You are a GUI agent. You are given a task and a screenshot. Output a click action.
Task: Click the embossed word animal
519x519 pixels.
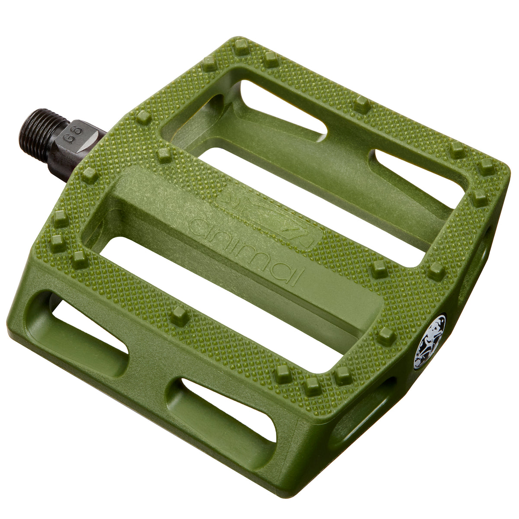[247, 251]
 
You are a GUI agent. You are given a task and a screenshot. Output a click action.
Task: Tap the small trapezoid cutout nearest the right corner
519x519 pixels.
[415, 177]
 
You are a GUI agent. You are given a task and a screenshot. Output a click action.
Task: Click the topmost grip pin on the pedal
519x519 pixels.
[241, 46]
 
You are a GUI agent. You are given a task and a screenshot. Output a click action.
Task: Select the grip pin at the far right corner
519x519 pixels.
[487, 167]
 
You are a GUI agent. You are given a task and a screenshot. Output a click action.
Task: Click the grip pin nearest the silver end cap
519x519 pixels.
[386, 336]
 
